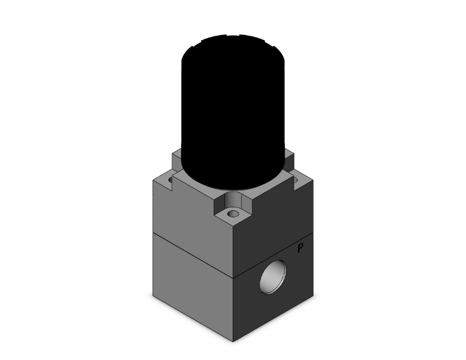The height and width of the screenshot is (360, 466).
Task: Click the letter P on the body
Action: (x=301, y=249)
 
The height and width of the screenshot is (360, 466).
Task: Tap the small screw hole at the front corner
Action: (x=233, y=214)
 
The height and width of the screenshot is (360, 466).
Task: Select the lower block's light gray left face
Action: (x=191, y=285)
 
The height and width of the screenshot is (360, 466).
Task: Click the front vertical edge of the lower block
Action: (x=234, y=307)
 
